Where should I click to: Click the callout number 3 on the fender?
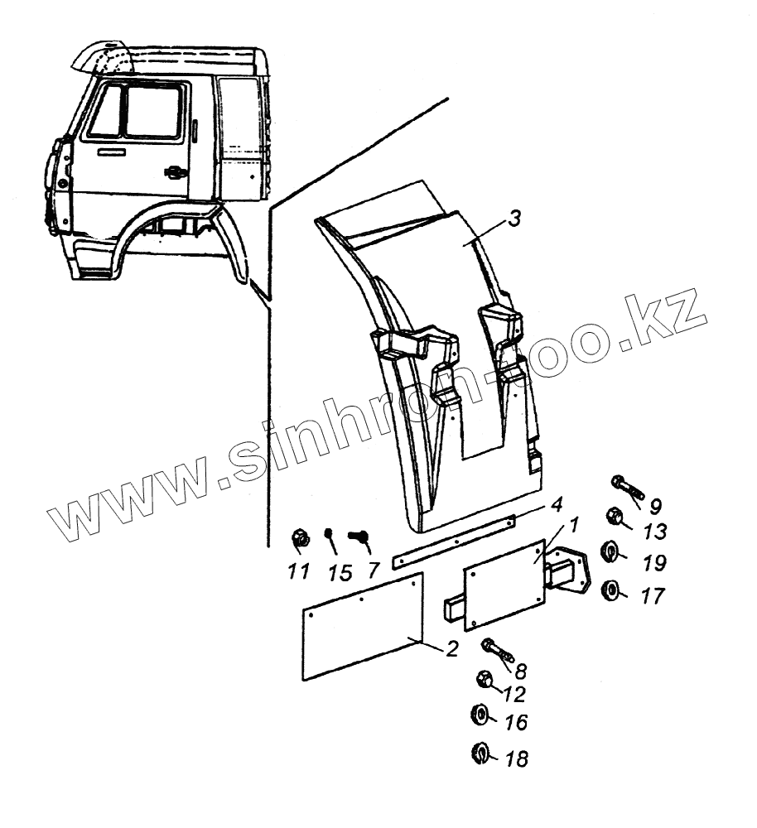pyautogui.click(x=514, y=219)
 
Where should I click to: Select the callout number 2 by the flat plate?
pyautogui.click(x=452, y=649)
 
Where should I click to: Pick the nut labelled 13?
pyautogui.click(x=615, y=517)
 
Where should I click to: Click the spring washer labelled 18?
pyautogui.click(x=479, y=753)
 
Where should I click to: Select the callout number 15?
pyautogui.click(x=340, y=571)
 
